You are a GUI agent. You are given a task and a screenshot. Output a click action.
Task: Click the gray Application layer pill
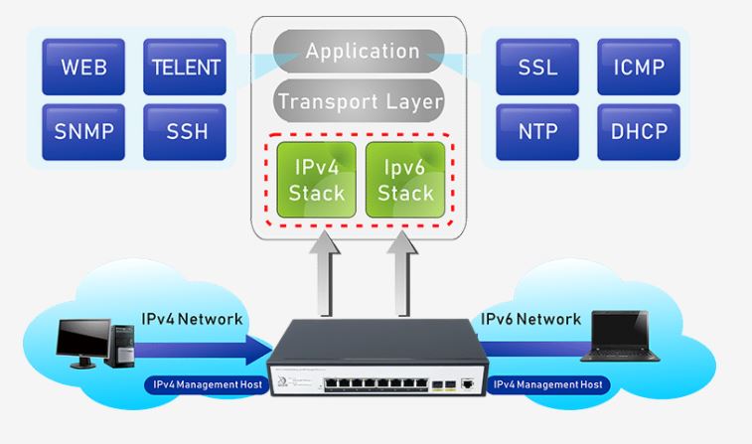(x=362, y=51)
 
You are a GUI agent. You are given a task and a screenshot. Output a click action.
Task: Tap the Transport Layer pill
(x=360, y=101)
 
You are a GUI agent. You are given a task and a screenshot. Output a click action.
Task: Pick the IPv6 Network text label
(x=530, y=320)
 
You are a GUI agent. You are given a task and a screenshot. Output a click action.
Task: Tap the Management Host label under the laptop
(x=547, y=383)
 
